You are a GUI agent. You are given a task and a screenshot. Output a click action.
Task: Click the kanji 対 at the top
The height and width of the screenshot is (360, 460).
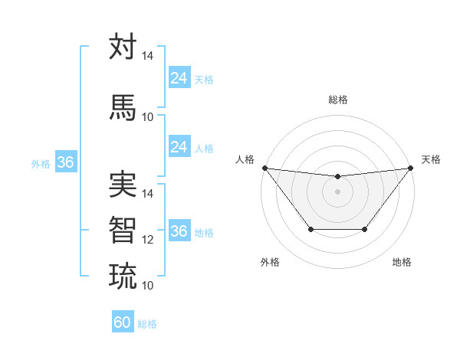pyautogui.click(x=123, y=47)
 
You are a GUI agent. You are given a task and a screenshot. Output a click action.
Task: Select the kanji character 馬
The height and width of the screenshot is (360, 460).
pyautogui.click(x=123, y=106)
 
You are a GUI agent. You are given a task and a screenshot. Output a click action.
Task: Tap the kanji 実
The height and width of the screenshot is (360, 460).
pyautogui.click(x=123, y=185)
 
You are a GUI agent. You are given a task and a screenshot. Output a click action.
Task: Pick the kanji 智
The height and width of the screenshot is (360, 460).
pyautogui.click(x=123, y=229)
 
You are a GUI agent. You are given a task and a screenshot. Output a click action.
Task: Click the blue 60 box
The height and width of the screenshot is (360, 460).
pyautogui.click(x=123, y=322)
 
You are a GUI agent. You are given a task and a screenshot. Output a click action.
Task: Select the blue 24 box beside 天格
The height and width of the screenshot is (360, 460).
pyautogui.click(x=179, y=78)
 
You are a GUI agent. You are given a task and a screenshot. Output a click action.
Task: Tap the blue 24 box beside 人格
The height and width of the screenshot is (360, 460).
pyautogui.click(x=179, y=147)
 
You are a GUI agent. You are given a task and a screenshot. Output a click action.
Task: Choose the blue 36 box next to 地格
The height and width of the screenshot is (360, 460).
pyautogui.click(x=179, y=231)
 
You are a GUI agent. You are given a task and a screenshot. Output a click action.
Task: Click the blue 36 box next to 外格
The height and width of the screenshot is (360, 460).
pyautogui.click(x=65, y=162)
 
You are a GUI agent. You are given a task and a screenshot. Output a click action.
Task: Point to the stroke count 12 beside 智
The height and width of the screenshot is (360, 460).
pyautogui.click(x=148, y=240)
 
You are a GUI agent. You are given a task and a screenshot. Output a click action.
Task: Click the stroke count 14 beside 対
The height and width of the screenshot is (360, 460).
pyautogui.click(x=148, y=57)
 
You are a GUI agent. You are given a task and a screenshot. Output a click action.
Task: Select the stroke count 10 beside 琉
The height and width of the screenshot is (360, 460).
pyautogui.click(x=148, y=286)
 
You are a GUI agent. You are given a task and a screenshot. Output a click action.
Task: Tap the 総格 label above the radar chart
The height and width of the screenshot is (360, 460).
pyautogui.click(x=337, y=100)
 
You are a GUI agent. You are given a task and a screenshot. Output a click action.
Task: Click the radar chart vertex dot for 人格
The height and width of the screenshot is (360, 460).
pyautogui.click(x=264, y=168)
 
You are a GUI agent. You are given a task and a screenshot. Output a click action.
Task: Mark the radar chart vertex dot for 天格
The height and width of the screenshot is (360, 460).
pyautogui.click(x=410, y=168)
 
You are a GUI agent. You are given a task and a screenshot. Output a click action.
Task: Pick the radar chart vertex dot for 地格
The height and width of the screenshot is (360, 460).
pyautogui.click(x=365, y=229)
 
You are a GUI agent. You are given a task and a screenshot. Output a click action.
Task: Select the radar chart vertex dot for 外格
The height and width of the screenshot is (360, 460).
pyautogui.click(x=310, y=229)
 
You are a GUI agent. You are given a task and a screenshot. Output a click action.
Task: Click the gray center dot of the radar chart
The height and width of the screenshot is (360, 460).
pyautogui.click(x=337, y=191)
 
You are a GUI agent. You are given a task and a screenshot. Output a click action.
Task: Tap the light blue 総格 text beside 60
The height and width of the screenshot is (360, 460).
pyautogui.click(x=148, y=324)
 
